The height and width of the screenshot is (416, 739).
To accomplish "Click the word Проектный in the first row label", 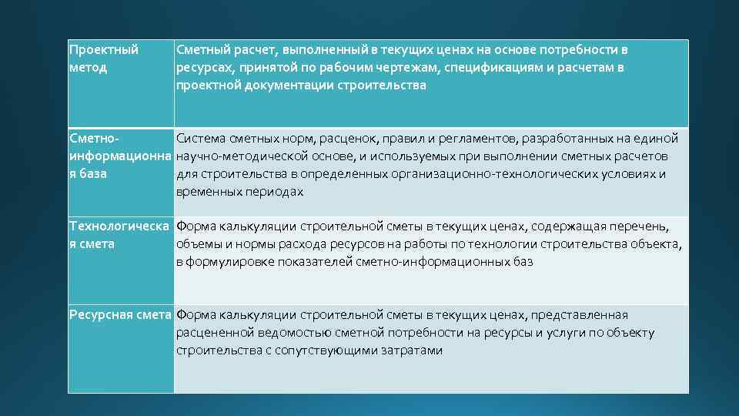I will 104,50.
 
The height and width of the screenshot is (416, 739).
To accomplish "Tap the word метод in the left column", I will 88,68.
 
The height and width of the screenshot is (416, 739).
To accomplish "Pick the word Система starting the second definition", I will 200,139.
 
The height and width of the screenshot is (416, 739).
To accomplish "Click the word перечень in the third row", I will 640,226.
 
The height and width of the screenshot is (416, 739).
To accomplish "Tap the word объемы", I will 197,244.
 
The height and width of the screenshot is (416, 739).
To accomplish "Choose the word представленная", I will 583,315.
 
